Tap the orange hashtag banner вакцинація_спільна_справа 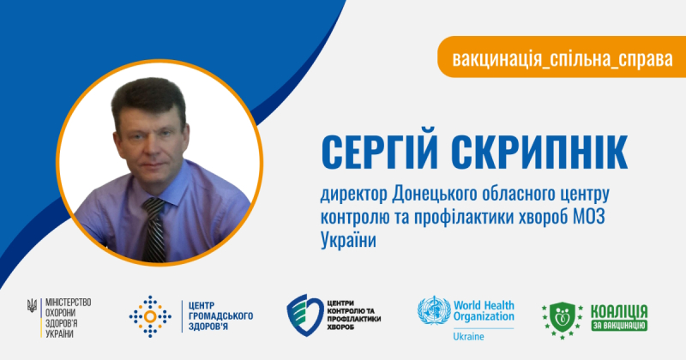tap(562, 57)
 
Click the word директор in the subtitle tap(353, 195)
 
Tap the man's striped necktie tap(155, 229)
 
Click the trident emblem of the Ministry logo tap(32, 305)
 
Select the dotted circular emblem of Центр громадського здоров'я tap(150, 316)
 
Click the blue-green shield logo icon tap(305, 315)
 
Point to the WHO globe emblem tap(434, 310)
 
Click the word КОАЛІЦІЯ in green tap(619, 312)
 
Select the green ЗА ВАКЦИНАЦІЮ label tap(619, 326)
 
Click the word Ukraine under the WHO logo tap(468, 337)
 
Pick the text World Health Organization tap(484, 310)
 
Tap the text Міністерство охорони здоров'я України tap(69, 318)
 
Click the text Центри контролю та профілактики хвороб tap(353, 315)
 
